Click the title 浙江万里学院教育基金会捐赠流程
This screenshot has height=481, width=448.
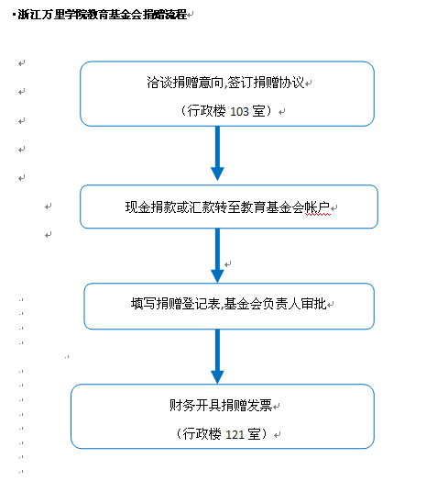click(x=103, y=15)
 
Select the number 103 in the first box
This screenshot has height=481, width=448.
click(x=239, y=111)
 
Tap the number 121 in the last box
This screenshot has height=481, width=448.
click(x=235, y=434)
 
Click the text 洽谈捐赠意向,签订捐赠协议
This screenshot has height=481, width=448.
click(x=225, y=83)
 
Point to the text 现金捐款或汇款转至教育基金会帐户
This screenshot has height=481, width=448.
click(x=228, y=207)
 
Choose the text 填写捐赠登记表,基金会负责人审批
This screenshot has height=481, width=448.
click(x=228, y=304)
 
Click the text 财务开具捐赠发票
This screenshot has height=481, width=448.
click(x=221, y=405)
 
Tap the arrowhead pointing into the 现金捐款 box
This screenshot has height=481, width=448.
click(x=217, y=173)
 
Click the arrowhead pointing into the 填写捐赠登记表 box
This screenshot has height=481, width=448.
click(x=217, y=276)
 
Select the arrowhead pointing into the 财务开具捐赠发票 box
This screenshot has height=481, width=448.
click(x=217, y=377)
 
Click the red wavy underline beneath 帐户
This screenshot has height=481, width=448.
click(x=318, y=215)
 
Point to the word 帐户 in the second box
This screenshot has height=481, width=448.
click(x=318, y=207)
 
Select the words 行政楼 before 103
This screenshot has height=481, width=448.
click(x=207, y=111)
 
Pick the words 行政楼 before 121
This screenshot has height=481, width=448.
click(x=202, y=434)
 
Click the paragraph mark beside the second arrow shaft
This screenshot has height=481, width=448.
click(x=228, y=264)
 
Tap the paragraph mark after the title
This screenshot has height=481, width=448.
click(x=191, y=15)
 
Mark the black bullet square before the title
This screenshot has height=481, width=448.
click(x=14, y=14)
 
